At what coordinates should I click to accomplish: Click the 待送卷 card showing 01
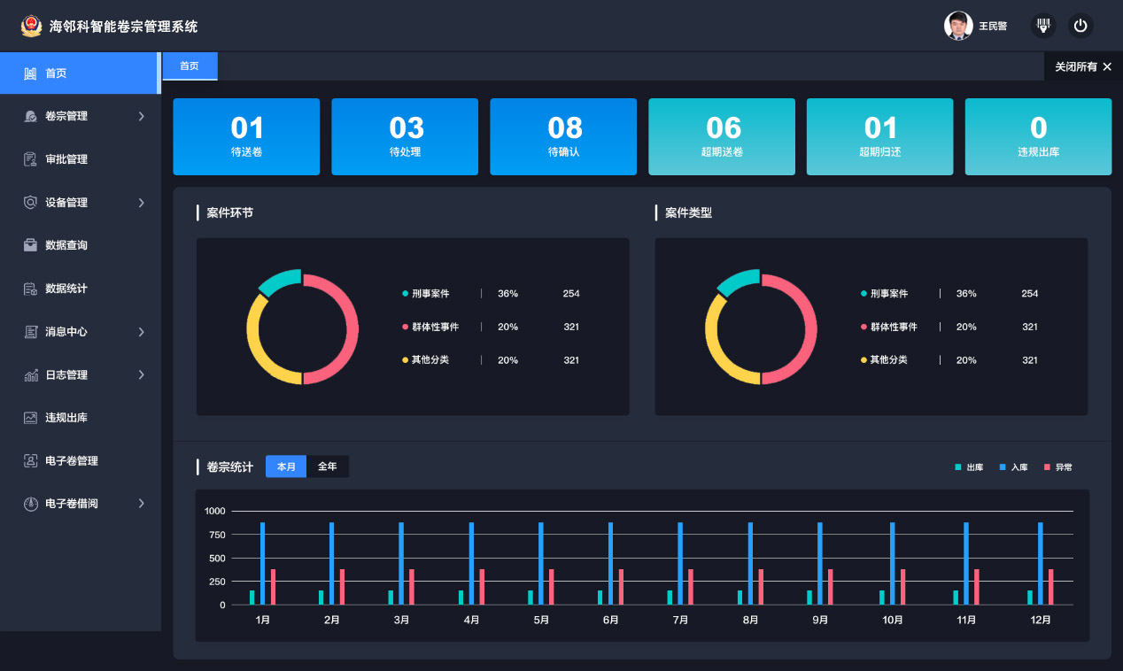click(x=246, y=136)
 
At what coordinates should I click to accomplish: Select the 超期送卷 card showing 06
click(x=722, y=136)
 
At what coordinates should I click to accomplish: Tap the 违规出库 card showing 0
click(x=1038, y=136)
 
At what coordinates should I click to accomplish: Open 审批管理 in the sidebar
click(x=66, y=159)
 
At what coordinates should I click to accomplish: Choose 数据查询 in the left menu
click(x=66, y=245)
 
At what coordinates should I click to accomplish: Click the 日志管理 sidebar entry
click(x=66, y=375)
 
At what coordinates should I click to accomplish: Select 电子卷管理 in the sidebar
click(x=72, y=461)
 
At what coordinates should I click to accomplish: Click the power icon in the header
click(x=1080, y=26)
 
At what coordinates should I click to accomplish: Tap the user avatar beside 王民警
click(x=958, y=26)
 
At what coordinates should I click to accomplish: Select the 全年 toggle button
click(x=328, y=467)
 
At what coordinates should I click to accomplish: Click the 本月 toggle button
click(x=286, y=467)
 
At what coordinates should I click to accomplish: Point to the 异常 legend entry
click(x=1058, y=467)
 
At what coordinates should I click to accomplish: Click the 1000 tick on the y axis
click(x=214, y=511)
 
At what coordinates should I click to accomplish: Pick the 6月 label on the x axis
click(x=610, y=621)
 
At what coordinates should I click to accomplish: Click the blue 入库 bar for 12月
click(x=1041, y=563)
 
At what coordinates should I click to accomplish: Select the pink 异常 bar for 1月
click(x=273, y=587)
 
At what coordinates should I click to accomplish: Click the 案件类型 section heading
click(x=688, y=213)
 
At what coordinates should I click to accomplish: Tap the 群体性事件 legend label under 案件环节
click(x=435, y=327)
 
